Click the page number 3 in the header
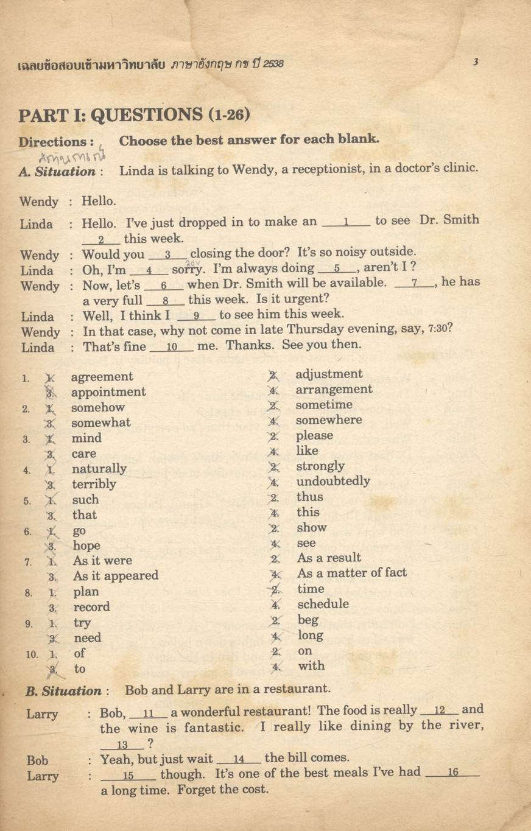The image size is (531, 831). [475, 61]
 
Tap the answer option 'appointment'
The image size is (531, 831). [108, 392]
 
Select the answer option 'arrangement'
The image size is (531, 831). [334, 390]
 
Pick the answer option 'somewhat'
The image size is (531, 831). [100, 423]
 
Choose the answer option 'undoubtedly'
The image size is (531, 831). [333, 482]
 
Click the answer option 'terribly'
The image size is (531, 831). [94, 484]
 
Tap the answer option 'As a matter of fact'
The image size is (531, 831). [351, 573]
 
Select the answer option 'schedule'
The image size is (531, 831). [323, 604]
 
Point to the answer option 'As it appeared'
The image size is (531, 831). [115, 576]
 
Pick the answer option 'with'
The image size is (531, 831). [311, 666]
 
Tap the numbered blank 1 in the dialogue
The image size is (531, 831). [345, 222]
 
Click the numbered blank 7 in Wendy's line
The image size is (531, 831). [414, 283]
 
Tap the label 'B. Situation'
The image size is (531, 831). [63, 691]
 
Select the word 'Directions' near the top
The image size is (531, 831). [53, 142]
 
